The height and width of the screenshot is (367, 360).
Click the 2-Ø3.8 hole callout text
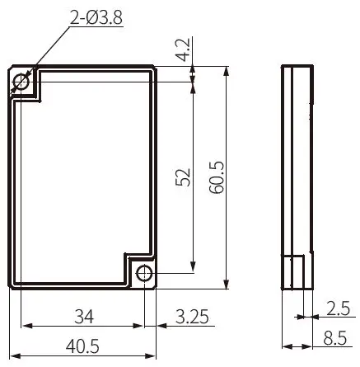coord(93,13)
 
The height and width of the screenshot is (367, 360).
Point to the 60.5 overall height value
coord(217,176)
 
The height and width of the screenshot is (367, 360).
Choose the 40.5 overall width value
coord(82,347)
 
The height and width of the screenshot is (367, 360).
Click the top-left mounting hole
coord(22,81)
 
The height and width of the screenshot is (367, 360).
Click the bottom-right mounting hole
coord(143,273)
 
